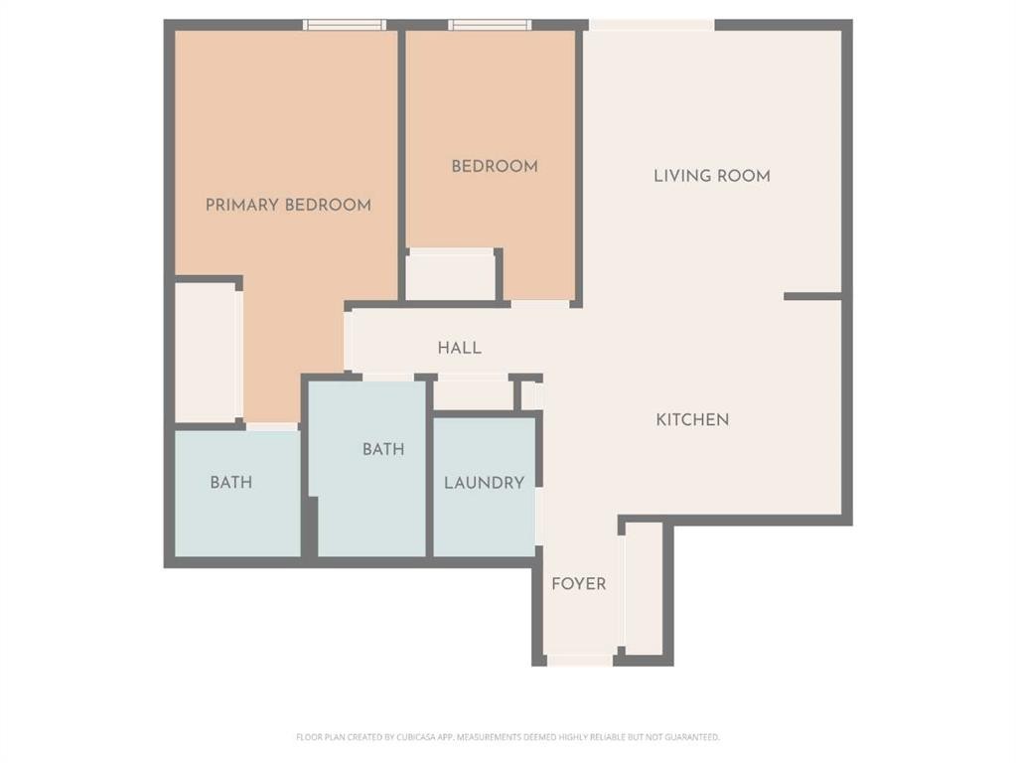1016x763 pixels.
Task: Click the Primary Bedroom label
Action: pyautogui.click(x=288, y=205)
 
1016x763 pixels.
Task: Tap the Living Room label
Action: pyautogui.click(x=711, y=176)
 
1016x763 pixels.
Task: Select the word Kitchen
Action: pyautogui.click(x=692, y=419)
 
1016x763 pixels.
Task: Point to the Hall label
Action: pyautogui.click(x=460, y=348)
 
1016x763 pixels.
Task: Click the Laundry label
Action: pyautogui.click(x=484, y=483)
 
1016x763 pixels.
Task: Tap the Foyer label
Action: pyautogui.click(x=578, y=583)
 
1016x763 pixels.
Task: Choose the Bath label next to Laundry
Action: pyautogui.click(x=382, y=449)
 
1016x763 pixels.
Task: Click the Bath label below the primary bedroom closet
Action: pyautogui.click(x=230, y=483)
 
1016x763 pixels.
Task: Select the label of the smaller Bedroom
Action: pyautogui.click(x=495, y=166)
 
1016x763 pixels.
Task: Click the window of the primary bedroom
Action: pyautogui.click(x=344, y=25)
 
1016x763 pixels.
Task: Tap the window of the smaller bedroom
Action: pyautogui.click(x=489, y=25)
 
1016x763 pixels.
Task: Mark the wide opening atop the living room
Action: pyautogui.click(x=652, y=25)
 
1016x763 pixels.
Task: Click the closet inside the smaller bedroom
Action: pyautogui.click(x=450, y=275)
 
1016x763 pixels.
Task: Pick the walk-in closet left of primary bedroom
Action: pyautogui.click(x=207, y=353)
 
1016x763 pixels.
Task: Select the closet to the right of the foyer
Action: pyautogui.click(x=644, y=591)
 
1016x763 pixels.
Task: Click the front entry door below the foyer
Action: pyautogui.click(x=579, y=660)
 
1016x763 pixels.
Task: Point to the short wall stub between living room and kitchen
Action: pyautogui.click(x=812, y=296)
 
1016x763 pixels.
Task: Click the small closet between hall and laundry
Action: pyautogui.click(x=473, y=393)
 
